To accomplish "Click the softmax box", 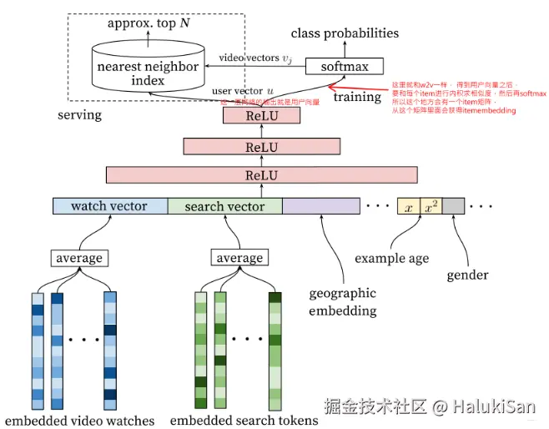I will (344, 66).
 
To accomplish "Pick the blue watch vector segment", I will (109, 206).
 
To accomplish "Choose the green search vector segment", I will (224, 206).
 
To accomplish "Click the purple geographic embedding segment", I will (320, 206).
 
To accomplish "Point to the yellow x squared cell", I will (430, 206).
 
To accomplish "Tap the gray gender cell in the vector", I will (452, 206).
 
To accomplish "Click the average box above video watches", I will (79, 258).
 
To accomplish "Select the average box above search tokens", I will (239, 258).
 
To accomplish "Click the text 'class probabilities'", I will (345, 33).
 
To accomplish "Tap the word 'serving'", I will (79, 114).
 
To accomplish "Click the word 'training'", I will (357, 97).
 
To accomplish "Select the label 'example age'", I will (392, 258).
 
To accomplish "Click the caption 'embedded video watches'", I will (80, 420).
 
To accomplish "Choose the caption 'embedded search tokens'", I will (244, 420).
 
